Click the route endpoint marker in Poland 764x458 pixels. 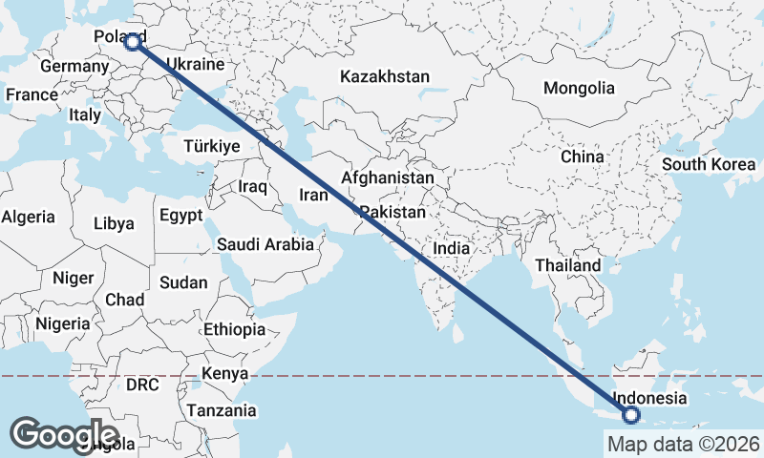pos(132,42)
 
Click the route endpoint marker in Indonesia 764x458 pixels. pos(630,414)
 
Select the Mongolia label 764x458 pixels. pos(579,88)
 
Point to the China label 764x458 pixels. pos(582,156)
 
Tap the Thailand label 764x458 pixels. pos(568,264)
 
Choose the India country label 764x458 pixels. pos(451,248)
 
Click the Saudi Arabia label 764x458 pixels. pos(265,244)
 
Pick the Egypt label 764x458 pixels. pos(181,216)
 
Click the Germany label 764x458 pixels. pos(74,67)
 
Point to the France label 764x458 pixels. pos(32,94)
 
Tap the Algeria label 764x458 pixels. pos(28,217)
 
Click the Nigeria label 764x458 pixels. pos(62,323)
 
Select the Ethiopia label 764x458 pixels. pos(234,329)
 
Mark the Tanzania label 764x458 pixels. pos(222,410)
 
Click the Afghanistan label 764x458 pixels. pos(387,178)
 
